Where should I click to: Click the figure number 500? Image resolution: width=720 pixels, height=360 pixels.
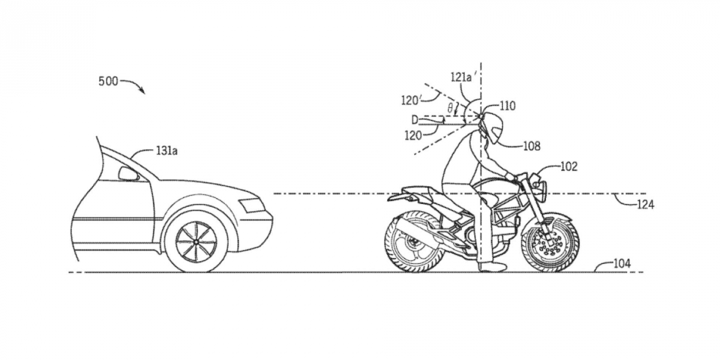point(108,82)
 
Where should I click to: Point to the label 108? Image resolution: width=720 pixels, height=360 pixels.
point(532,145)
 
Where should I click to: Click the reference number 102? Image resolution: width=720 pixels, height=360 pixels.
point(568,166)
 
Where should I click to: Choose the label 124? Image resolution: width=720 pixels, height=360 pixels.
point(646,205)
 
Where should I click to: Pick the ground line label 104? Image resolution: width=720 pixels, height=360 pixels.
point(622,263)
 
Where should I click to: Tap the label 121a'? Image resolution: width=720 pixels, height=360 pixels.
point(464,77)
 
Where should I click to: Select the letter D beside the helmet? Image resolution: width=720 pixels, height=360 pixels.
point(414,120)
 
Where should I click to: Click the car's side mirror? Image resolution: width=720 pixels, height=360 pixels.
point(128,174)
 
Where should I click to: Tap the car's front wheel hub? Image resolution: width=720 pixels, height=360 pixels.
point(196,241)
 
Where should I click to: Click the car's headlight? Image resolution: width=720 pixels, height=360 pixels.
point(252,205)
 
